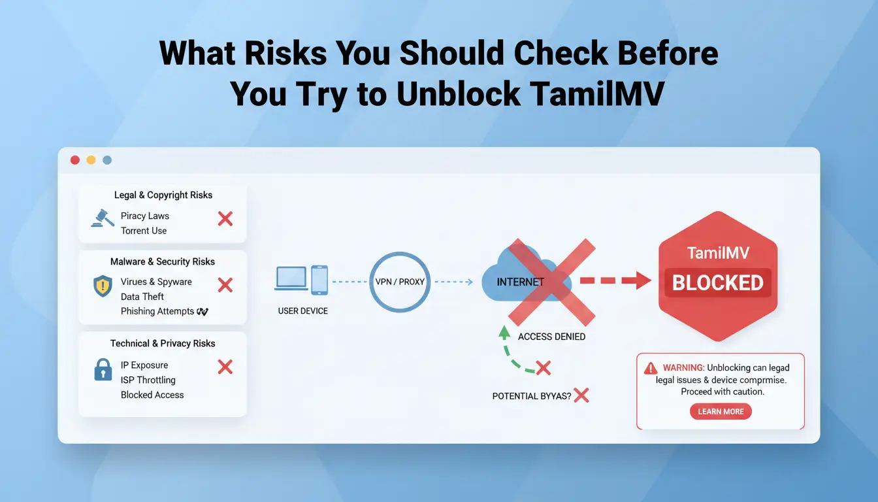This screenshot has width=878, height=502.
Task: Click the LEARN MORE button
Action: click(x=721, y=411)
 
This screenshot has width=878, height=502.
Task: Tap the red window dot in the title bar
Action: click(x=75, y=160)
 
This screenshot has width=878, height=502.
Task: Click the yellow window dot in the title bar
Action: click(x=91, y=160)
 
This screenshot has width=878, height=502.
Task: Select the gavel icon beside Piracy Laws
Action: click(x=103, y=218)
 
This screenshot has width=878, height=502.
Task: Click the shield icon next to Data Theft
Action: click(x=103, y=286)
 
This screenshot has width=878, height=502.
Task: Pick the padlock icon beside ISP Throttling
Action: click(x=103, y=369)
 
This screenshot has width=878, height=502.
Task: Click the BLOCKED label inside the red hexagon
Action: click(x=718, y=283)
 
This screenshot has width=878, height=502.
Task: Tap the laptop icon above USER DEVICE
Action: click(x=291, y=278)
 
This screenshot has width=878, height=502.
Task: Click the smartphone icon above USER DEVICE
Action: click(x=319, y=280)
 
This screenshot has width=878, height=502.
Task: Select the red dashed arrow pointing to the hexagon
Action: click(x=616, y=280)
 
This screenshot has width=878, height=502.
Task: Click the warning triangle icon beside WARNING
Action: click(x=651, y=368)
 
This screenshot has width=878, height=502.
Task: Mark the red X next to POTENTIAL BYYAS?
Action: click(x=581, y=395)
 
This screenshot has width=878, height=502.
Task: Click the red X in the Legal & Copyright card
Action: click(x=225, y=219)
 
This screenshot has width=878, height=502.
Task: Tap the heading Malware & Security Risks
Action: click(x=163, y=261)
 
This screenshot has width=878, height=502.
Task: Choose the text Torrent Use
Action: click(x=144, y=231)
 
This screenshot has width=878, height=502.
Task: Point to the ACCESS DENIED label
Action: click(x=551, y=337)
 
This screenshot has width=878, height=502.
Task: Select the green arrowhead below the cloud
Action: click(x=504, y=332)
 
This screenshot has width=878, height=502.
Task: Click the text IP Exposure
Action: click(x=144, y=365)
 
